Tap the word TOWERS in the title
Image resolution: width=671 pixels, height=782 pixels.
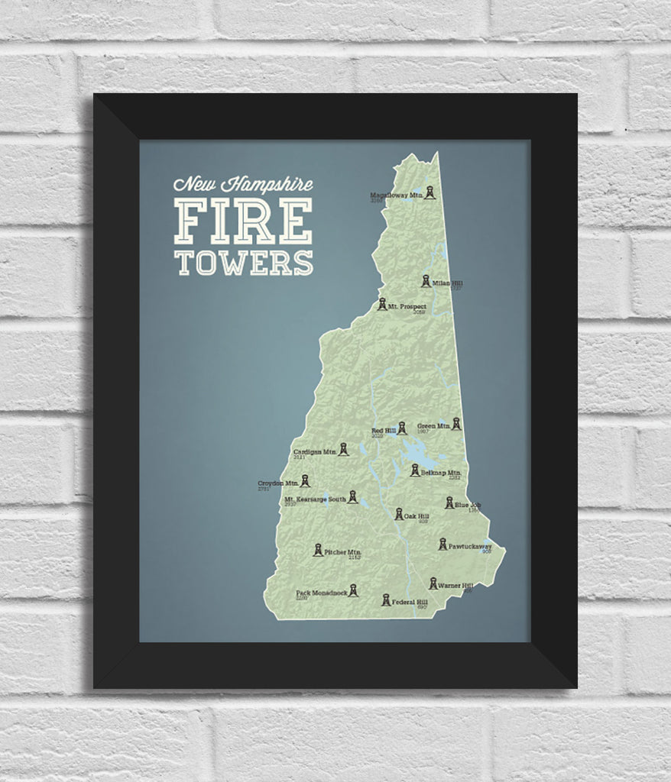coord(243,261)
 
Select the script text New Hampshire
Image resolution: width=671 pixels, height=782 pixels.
coord(242,185)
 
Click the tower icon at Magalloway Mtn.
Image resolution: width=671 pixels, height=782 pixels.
coord(430,193)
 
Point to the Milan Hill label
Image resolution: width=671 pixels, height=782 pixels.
coord(448,283)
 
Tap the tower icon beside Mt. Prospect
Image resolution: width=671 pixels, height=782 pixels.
coord(382,305)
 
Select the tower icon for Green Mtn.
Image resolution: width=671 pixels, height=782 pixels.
coord(456,424)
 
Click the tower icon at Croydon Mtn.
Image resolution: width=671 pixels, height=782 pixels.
coord(306,481)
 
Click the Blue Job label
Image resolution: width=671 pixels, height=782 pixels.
coord(468,505)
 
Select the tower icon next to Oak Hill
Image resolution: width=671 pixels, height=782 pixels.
coord(399,515)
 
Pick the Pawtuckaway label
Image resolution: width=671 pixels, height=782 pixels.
coord(470,547)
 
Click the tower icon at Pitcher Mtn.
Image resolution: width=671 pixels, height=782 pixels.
coord(318,550)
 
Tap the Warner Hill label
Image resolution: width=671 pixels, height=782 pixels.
coord(457,586)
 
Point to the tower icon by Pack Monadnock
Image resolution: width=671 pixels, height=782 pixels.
coord(353,590)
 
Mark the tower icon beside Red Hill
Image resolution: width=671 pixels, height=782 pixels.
coord(401,428)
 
